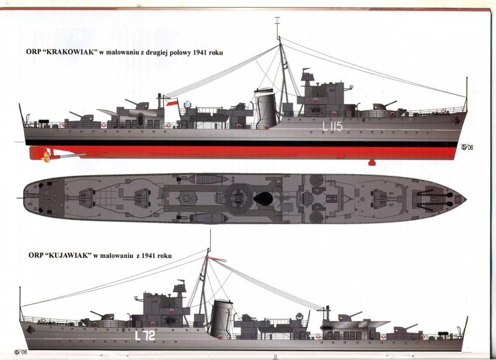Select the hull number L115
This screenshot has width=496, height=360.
332,126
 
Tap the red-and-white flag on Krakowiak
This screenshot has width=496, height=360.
172,103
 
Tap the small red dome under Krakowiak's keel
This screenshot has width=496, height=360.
371,162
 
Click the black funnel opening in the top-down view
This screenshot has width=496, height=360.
263,199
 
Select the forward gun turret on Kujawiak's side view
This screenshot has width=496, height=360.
107,317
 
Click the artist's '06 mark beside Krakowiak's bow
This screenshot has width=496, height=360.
466,148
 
